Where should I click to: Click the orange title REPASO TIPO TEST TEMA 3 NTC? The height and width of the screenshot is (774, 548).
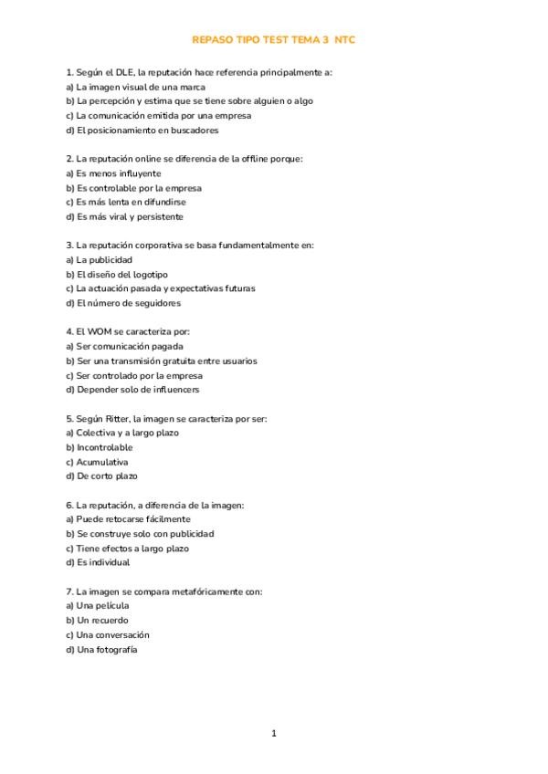point(274,40)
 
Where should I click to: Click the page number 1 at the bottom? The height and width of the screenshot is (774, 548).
point(274,733)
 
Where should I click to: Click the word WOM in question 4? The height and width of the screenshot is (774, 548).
point(100,332)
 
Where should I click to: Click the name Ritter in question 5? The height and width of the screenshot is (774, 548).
point(115,419)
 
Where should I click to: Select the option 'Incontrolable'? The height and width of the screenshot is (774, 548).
point(100,448)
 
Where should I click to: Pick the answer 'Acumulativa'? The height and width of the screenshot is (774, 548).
point(97,462)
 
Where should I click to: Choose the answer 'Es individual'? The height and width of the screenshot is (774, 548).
point(98,563)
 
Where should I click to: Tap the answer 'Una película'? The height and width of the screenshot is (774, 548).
point(98,606)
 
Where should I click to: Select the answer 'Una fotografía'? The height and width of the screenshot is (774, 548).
point(101,649)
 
